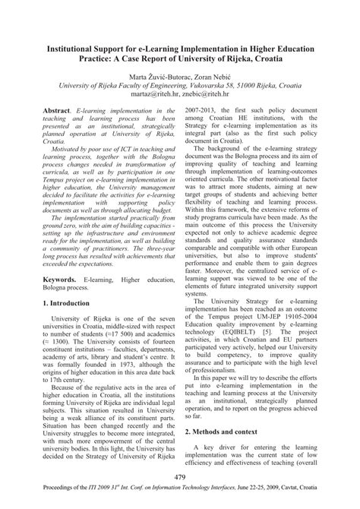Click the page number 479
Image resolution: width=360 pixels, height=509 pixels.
click(x=179, y=476)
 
